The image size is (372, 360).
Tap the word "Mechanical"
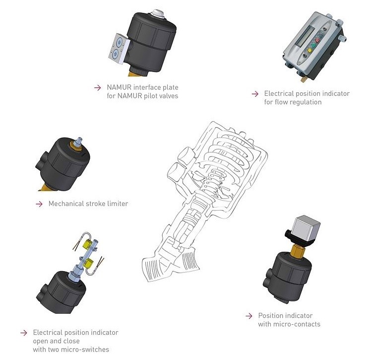pyautogui.click(x=66, y=204)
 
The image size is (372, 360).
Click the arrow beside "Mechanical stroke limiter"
pyautogui.click(x=39, y=204)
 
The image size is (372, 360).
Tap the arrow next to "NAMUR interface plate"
pyautogui.click(x=97, y=87)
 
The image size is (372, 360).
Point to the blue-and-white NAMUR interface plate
pyautogui.click(x=117, y=49)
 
